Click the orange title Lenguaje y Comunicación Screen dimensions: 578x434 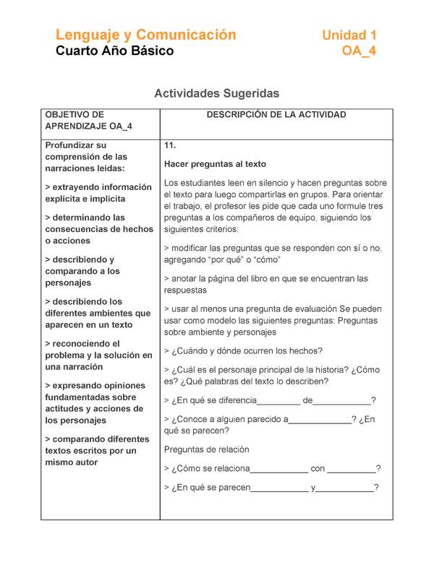(145, 35)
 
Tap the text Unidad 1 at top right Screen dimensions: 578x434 (349, 35)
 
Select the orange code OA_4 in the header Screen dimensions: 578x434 (359, 51)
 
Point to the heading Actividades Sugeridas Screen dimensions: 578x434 (216, 94)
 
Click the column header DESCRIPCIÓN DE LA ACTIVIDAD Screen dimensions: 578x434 (276, 115)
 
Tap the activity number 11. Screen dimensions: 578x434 (171, 146)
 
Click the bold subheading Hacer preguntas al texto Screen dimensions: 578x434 (215, 164)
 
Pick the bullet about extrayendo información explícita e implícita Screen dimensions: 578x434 (98, 193)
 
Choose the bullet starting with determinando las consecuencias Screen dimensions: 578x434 (98, 229)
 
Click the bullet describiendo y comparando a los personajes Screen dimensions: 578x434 (80, 271)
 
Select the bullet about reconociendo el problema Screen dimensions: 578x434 (98, 355)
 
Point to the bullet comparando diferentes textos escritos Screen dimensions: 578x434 (97, 451)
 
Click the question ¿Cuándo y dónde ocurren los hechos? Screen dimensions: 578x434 (243, 351)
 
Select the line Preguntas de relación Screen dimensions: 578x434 (206, 449)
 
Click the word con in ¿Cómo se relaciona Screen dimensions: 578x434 (318, 469)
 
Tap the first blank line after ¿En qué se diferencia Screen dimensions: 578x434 (279, 402)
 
